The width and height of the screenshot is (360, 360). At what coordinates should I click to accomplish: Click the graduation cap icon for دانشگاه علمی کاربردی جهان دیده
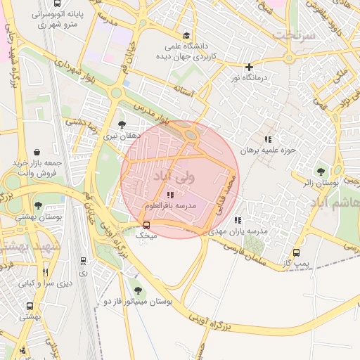pyautogui.click(x=186, y=35)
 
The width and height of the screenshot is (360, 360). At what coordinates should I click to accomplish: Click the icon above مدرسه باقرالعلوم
pyautogui.click(x=170, y=195)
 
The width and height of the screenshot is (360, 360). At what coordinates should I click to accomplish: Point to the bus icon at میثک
pyautogui.click(x=146, y=225)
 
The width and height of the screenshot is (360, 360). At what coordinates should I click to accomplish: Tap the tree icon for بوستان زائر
pyautogui.click(x=321, y=171)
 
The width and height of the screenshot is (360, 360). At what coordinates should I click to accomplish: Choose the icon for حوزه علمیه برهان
pyautogui.click(x=267, y=139)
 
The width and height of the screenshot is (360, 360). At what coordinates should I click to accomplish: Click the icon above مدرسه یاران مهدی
pyautogui.click(x=238, y=220)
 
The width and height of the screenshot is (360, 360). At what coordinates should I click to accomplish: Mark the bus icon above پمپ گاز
pyautogui.click(x=296, y=252)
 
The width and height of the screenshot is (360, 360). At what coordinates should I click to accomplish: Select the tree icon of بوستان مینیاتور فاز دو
pyautogui.click(x=137, y=290)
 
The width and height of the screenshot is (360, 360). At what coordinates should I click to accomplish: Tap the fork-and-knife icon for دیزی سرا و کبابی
pyautogui.click(x=46, y=272)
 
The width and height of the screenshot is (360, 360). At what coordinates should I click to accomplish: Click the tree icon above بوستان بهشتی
pyautogui.click(x=38, y=206)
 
